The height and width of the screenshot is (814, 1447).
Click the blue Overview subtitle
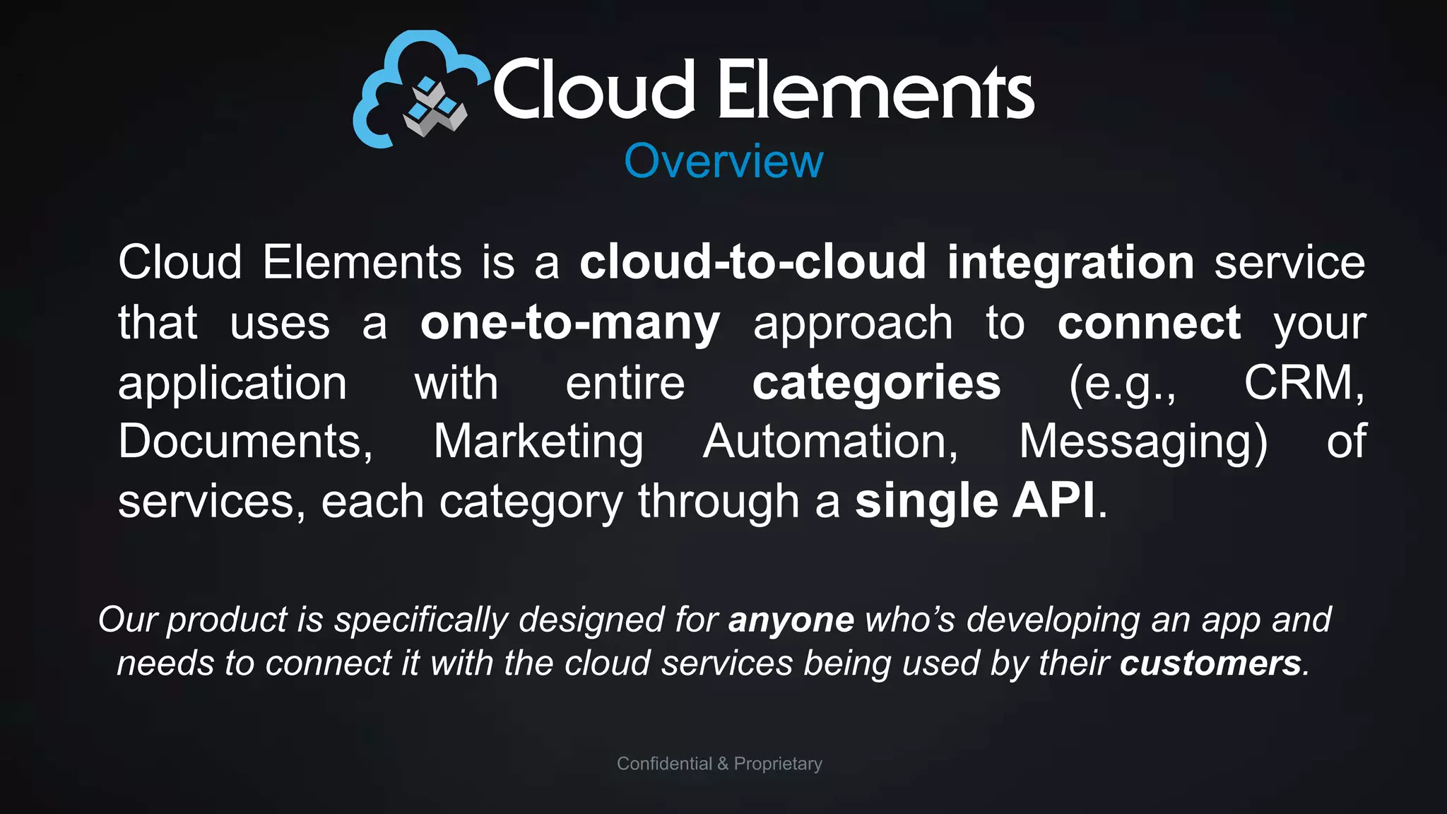[723, 161]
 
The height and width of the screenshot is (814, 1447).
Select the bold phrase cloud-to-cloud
[752, 262]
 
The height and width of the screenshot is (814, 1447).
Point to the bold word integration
[1070, 262]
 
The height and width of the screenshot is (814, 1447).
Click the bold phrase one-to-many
[570, 323]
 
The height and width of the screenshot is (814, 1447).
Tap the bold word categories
[876, 384]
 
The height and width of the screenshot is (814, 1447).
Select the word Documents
[244, 442]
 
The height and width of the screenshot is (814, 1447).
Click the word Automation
[830, 442]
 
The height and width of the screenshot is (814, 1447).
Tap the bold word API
[1053, 501]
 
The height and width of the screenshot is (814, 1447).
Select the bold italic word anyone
[791, 620]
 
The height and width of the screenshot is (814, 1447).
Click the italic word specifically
[421, 620]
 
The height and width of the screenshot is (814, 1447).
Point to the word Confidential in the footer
[664, 764]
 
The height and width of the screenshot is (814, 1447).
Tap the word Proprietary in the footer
[778, 764]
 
